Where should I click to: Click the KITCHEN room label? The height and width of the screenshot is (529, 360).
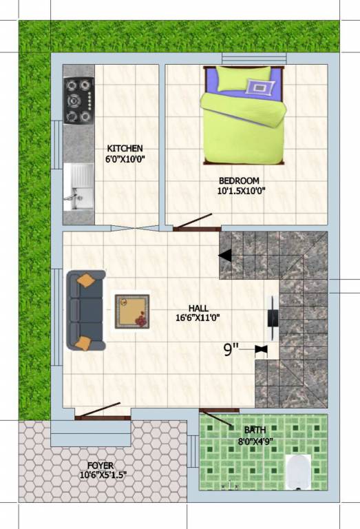pos(125,148)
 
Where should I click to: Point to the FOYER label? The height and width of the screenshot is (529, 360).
pos(100,466)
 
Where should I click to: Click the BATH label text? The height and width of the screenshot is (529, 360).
pos(255,430)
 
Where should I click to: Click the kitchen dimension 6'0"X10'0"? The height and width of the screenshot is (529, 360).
pos(125,159)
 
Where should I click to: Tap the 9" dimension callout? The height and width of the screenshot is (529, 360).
pos(231,349)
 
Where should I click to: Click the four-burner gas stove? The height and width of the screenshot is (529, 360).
pos(78,101)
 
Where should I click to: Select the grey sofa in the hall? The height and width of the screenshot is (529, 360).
pos(85,310)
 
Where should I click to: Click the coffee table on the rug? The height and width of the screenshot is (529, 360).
pos(131,311)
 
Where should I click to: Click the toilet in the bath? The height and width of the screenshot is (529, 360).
pos(298,471)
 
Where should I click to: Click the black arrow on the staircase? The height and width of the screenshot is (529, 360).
pos(225,256)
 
